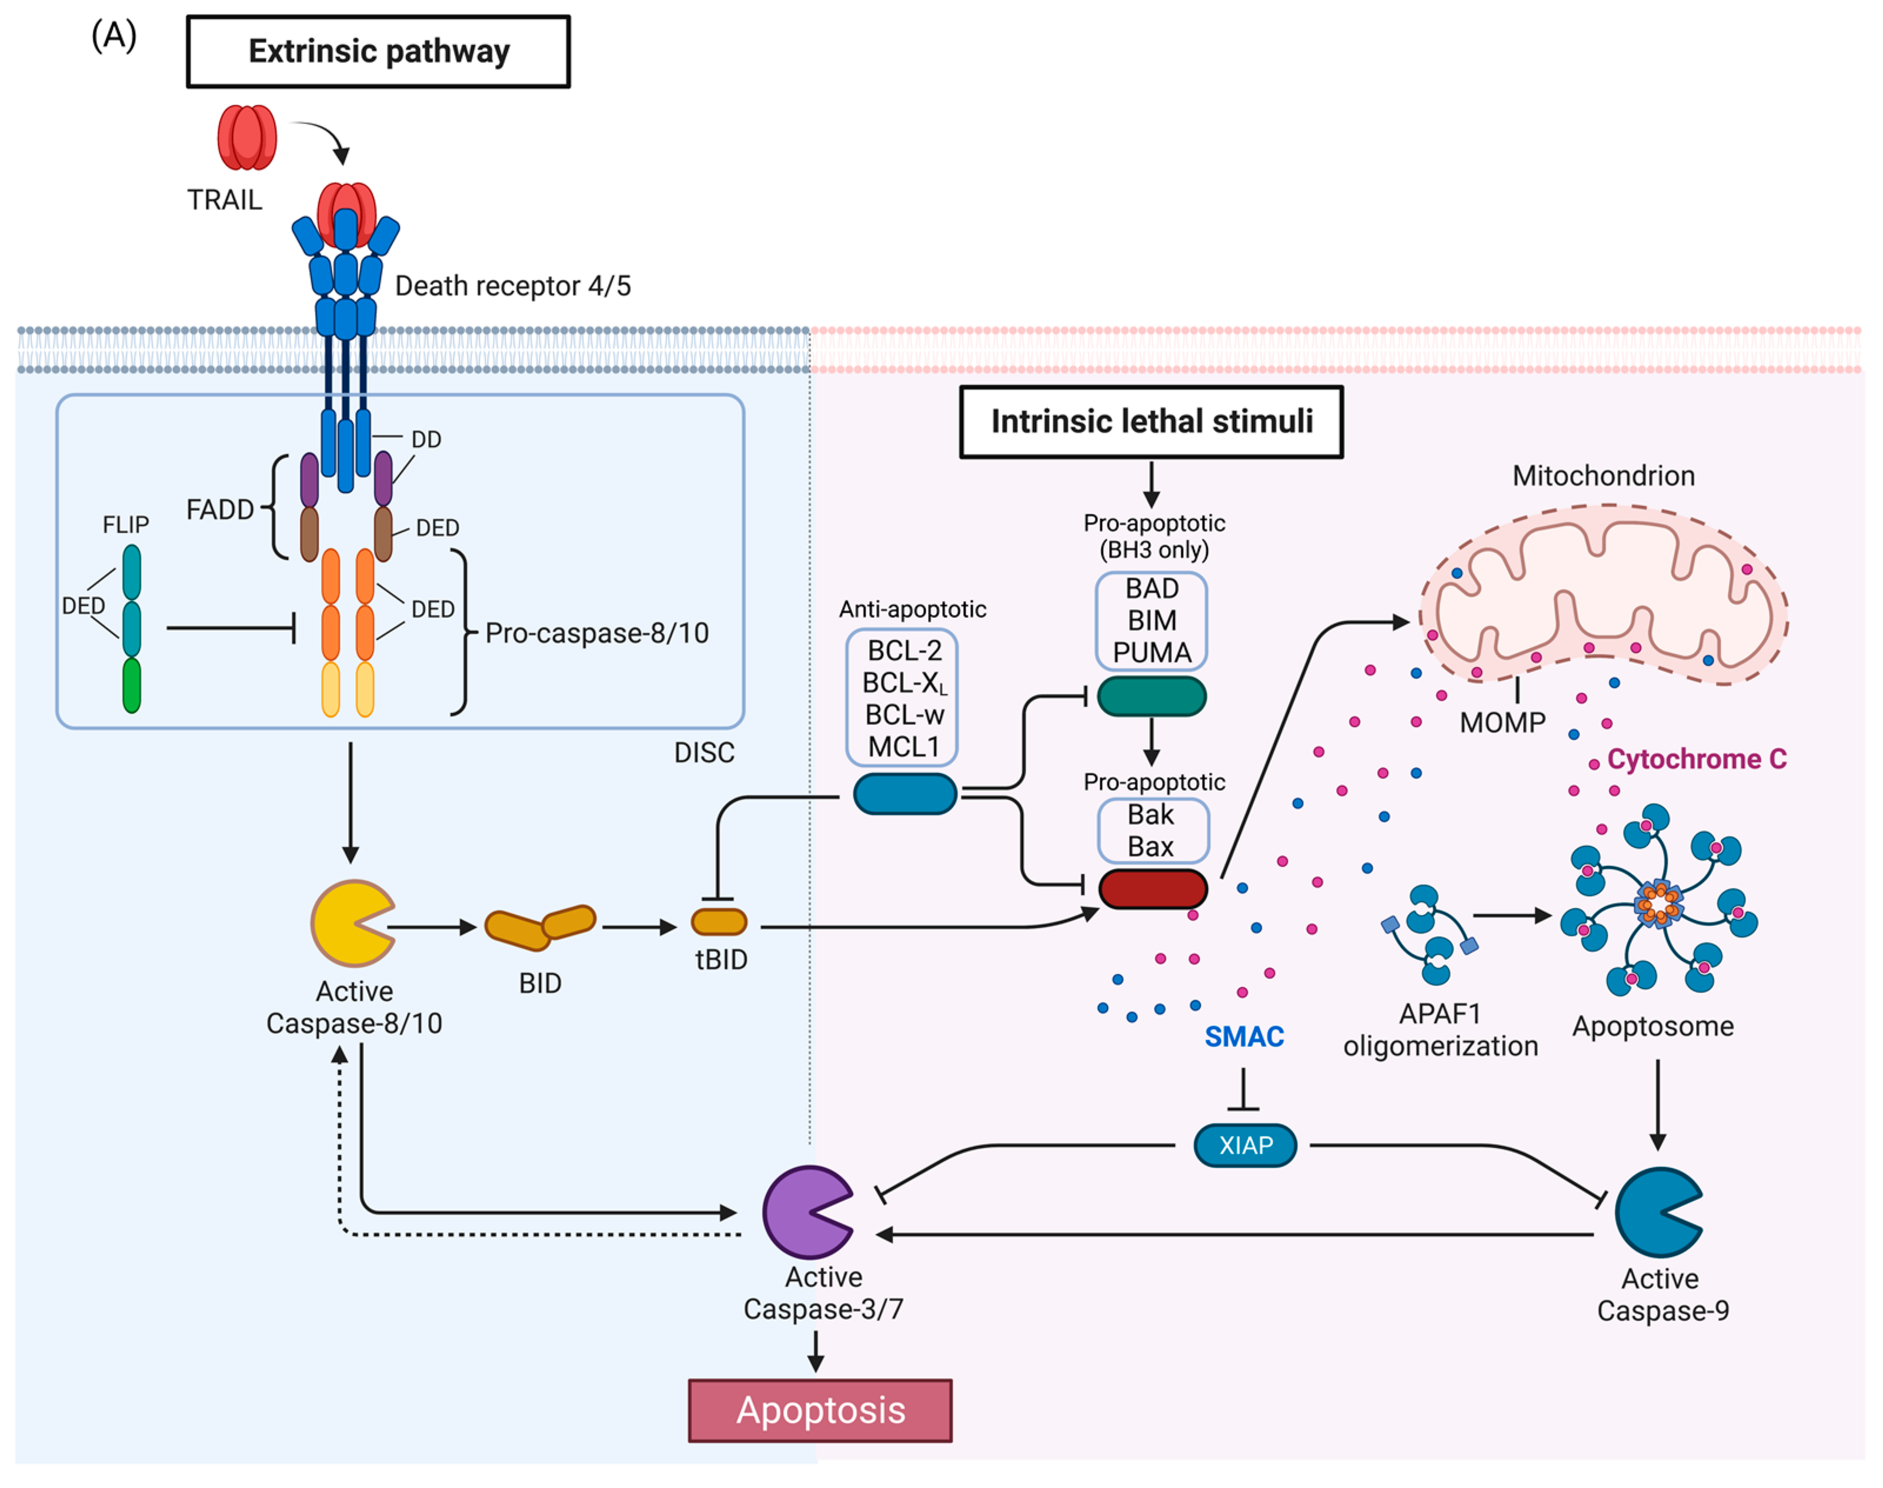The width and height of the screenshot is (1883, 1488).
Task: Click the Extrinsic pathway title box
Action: point(378,51)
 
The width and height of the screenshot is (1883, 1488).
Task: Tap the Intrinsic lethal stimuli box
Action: point(1150,422)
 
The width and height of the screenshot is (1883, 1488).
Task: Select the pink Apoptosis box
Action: point(820,1410)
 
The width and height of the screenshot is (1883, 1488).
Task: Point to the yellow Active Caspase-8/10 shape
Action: point(349,924)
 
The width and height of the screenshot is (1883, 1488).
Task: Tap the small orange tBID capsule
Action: point(719,922)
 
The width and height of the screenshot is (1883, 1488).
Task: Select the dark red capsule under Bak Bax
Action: point(1152,888)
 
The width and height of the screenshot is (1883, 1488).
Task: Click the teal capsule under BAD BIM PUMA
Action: point(1151,697)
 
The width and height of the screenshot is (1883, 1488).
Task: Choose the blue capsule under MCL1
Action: point(904,794)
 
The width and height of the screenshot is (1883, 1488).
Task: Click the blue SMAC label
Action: point(1243,1036)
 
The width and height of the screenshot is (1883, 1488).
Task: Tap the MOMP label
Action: point(1502,722)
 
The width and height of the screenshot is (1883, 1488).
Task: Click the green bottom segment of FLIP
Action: point(132,686)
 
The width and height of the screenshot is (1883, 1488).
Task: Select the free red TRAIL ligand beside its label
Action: point(246,138)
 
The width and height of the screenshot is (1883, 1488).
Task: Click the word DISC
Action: point(704,752)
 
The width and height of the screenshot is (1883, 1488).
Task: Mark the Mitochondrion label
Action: point(1603,476)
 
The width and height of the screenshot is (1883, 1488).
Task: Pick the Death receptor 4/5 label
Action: point(512,286)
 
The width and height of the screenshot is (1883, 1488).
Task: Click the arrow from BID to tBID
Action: point(639,927)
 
